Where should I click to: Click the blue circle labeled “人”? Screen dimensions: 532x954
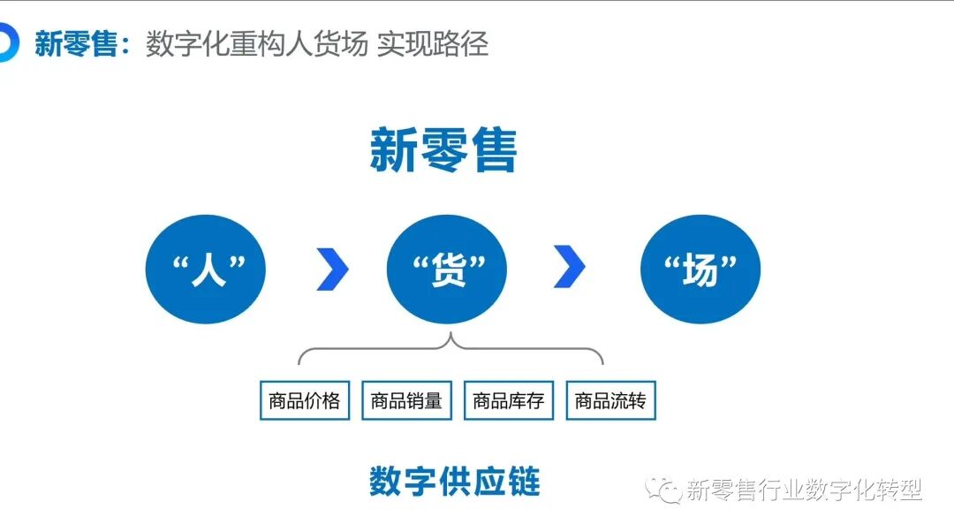[x=205, y=270]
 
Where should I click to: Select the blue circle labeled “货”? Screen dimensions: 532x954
[x=447, y=270]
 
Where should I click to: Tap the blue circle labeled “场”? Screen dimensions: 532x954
[x=700, y=270]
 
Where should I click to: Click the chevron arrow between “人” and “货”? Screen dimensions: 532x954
[x=332, y=270]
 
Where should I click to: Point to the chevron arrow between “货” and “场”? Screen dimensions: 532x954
[x=570, y=270]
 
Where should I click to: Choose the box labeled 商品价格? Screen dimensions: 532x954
[x=305, y=400]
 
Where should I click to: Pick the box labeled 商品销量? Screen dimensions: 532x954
[x=406, y=400]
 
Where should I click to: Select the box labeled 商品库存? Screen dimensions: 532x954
[x=508, y=400]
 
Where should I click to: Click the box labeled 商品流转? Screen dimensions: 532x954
[x=610, y=400]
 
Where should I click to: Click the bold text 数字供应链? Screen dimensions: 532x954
[x=454, y=482]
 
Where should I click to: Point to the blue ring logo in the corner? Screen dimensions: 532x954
[x=7, y=43]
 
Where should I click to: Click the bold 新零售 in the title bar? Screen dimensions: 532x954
[x=76, y=44]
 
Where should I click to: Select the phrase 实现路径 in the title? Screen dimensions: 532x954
[x=433, y=44]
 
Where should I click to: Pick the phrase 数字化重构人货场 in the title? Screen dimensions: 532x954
[x=257, y=44]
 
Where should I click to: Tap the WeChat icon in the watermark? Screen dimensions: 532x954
[x=662, y=489]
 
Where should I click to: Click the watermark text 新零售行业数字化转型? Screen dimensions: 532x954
[x=804, y=490]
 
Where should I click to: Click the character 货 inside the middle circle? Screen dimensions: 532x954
[x=448, y=270]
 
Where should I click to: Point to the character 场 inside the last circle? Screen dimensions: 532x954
[x=700, y=270]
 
